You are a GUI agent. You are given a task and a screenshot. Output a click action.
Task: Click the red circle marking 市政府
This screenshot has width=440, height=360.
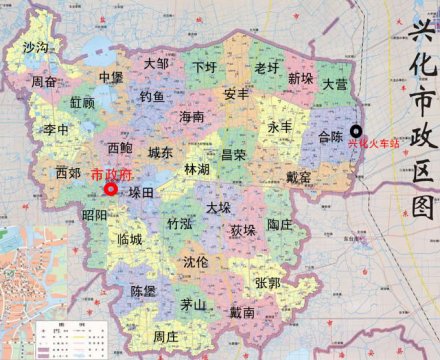110,187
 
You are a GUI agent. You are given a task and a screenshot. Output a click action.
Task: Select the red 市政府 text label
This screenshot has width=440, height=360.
110,172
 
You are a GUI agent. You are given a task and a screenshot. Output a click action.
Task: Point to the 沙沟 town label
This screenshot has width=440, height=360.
35,48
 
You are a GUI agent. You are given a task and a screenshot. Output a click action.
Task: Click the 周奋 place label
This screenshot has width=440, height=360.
43,82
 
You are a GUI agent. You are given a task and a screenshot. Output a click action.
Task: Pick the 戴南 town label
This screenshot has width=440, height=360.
243,313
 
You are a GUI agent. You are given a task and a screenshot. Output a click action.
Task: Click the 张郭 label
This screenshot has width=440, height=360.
267,283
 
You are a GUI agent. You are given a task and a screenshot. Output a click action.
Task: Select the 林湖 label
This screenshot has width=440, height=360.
197,171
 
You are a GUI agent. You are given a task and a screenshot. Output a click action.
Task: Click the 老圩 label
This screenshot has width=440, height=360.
266,68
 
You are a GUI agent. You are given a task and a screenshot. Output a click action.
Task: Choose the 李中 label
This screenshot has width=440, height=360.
56,130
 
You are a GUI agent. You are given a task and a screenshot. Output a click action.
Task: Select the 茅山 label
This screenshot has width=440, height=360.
193,305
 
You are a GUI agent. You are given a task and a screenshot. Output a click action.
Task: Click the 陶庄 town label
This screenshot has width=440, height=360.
280,226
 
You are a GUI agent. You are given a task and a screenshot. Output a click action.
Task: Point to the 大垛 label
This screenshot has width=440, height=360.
218,208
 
